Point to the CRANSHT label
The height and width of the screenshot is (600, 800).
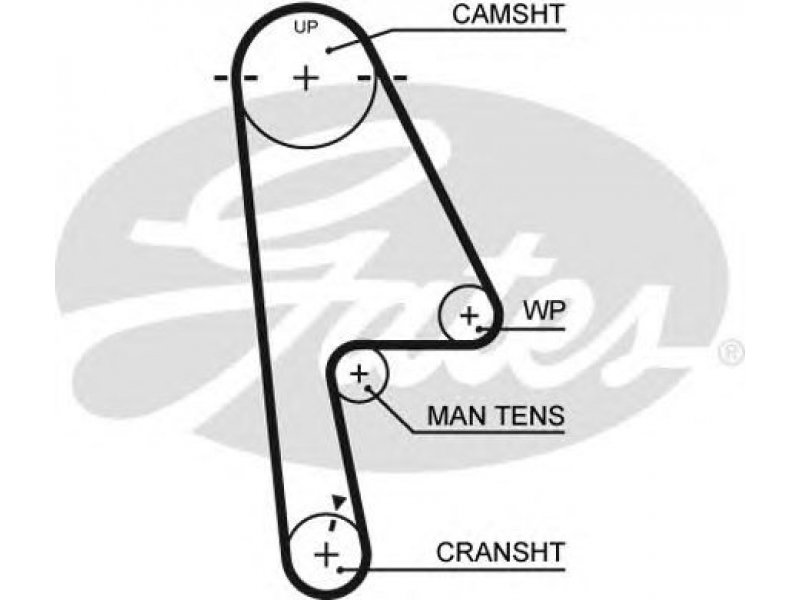500,550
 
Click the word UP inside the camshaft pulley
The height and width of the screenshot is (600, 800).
306,28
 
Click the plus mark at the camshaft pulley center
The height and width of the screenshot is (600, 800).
306,77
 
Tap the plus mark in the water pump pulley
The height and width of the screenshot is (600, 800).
469,316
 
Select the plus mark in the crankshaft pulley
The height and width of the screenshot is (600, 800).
326,552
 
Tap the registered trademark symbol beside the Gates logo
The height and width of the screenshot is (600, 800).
732,353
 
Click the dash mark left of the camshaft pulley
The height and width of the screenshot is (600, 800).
222,77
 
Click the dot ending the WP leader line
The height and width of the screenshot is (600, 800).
482,328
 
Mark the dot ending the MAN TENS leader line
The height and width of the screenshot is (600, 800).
372,387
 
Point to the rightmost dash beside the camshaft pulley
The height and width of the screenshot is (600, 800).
398,77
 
